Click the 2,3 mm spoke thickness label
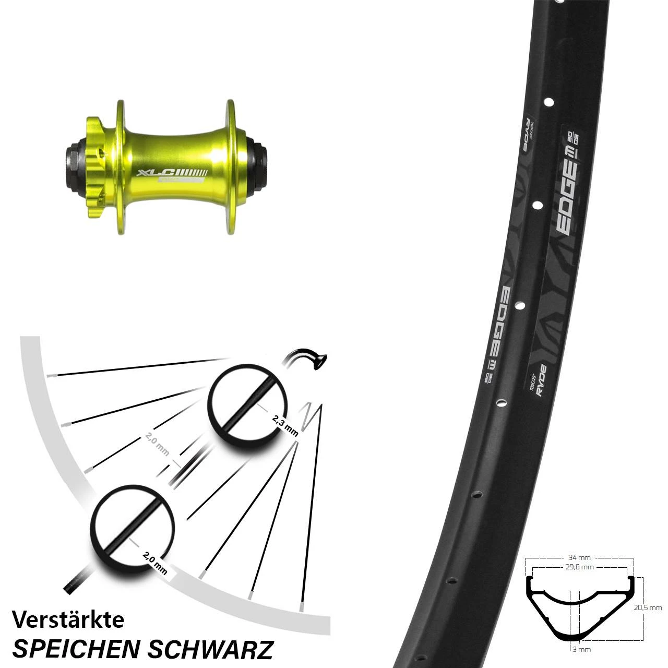pos(285,425)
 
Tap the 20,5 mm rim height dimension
pos(648,607)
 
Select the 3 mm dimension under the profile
pos(580,649)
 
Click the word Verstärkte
pos(68,619)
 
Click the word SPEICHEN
pos(76,649)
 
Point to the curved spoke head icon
pos(308,359)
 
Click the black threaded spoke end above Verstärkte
pos(75,582)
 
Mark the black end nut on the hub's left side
pos(71,162)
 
